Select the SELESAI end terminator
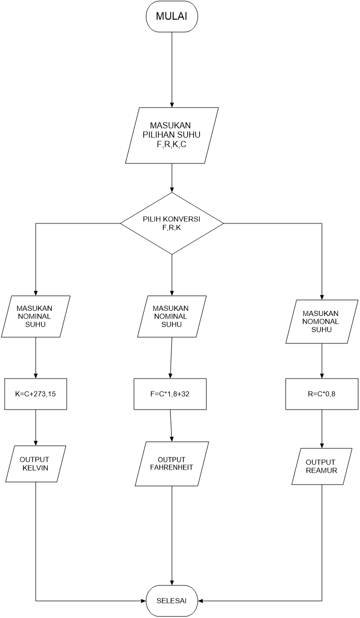pos(172,601)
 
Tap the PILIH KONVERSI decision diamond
pos(172,223)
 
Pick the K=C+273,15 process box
pos(36,394)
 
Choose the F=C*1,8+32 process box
pos(171,394)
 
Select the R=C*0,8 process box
pos(322,395)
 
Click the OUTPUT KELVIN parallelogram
pos(35,464)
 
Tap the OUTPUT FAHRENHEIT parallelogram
pos(172,464)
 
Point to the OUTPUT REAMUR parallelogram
pos(321,466)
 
